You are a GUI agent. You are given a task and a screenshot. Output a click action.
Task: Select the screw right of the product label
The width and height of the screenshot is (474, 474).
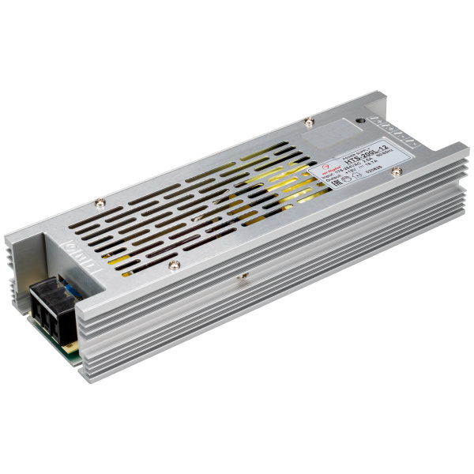(x=397, y=171)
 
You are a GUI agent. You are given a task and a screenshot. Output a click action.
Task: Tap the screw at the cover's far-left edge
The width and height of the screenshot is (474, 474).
(x=99, y=202)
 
